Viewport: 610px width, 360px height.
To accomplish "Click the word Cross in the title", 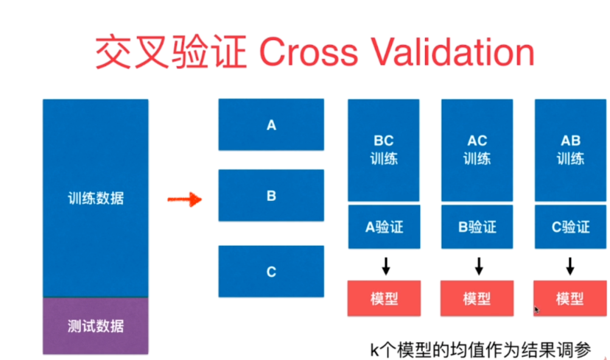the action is [x=308, y=52].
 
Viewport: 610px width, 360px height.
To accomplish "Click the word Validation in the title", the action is [x=453, y=52].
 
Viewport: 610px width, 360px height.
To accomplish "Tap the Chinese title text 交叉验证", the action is [x=171, y=52].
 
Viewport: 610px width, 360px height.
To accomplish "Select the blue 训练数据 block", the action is [x=95, y=198].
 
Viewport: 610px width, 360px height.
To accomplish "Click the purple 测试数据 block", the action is [x=95, y=326].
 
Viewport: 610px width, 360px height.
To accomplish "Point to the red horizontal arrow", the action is [x=184, y=200].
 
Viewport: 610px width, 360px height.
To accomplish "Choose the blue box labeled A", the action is [x=271, y=125].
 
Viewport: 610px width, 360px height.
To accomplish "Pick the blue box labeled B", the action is [x=271, y=196].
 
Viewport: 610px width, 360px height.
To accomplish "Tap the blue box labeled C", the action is [x=271, y=272].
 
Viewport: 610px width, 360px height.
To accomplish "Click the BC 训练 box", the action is [x=384, y=150].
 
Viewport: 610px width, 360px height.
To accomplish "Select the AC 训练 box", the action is [x=477, y=150].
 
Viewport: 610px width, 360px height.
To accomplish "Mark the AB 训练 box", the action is [x=570, y=150].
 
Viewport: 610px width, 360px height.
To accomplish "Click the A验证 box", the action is [x=384, y=227].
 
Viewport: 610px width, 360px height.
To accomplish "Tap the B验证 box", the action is [x=477, y=227].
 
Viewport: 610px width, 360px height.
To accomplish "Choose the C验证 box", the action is [x=570, y=227].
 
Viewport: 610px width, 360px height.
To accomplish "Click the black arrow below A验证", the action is [x=386, y=266].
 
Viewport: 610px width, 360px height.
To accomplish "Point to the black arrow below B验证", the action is [x=479, y=266].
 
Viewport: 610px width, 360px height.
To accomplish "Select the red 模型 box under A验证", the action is [x=384, y=298].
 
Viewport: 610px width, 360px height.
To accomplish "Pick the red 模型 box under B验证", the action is [x=477, y=298].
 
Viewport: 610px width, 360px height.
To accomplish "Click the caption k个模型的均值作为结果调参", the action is [x=480, y=350].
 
